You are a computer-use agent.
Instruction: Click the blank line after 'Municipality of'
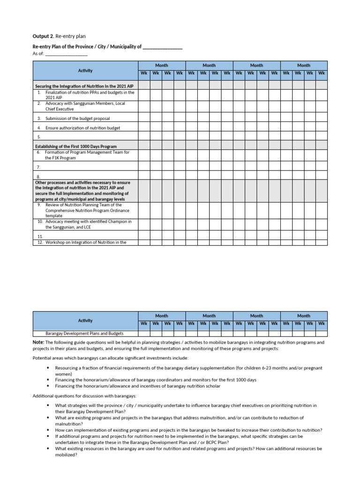162,47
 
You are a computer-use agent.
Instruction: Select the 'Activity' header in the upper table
85,70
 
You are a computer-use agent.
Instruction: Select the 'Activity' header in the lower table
85,321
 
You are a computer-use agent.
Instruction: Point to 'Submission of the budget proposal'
77,119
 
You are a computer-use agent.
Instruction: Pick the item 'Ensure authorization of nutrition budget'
82,128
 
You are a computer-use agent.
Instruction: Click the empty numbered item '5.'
39,137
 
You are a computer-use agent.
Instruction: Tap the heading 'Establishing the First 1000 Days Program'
76,147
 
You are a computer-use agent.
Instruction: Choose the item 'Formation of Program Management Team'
87,152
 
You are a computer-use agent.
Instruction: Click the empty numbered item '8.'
39,177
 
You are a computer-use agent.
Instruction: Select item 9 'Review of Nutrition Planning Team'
83,205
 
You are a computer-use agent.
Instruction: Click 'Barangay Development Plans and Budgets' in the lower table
84,333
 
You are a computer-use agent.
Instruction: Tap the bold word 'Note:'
38,343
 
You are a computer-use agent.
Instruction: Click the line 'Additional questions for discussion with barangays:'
84,396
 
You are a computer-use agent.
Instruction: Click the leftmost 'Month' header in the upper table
162,65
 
